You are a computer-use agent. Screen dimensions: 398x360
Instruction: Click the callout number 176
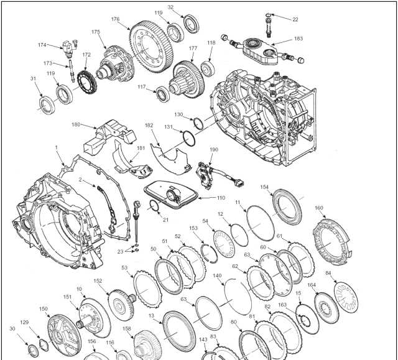coord(115,19)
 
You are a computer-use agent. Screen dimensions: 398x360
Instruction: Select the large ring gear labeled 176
coord(151,47)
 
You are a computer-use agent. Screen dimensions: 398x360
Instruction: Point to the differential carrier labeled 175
coord(115,64)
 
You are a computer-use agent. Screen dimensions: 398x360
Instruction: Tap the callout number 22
coord(295,19)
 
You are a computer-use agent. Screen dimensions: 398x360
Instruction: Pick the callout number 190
coord(214,150)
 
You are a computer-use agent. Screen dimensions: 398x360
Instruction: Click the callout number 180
coord(76,124)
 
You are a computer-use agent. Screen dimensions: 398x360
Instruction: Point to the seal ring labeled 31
coord(47,105)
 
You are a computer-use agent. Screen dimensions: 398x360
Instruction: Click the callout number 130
coord(178,114)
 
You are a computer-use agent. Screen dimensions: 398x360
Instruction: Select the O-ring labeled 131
coord(189,139)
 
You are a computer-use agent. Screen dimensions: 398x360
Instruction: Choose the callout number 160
coord(319,208)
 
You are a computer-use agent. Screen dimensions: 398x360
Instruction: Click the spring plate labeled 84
coord(346,297)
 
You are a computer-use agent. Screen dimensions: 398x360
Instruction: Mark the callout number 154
coord(264,187)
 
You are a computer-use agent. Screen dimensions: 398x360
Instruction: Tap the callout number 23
coord(120,251)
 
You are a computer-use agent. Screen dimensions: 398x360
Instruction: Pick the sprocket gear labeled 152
coord(122,305)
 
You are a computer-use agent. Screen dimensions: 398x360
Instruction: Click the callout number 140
coord(217,275)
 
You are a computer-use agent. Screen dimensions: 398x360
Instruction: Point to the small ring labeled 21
coord(154,205)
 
